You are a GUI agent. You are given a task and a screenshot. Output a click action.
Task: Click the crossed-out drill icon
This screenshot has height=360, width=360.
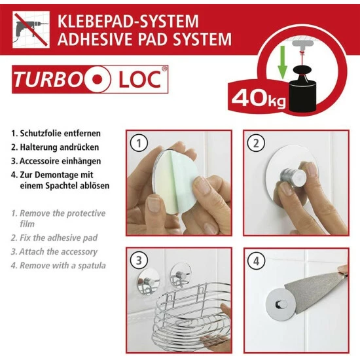(30, 29)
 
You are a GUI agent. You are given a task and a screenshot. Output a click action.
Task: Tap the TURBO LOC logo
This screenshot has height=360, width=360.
(90, 80)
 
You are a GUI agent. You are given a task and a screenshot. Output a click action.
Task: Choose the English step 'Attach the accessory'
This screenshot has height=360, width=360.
(58, 252)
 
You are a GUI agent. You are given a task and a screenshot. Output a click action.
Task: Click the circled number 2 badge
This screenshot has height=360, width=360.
(255, 142)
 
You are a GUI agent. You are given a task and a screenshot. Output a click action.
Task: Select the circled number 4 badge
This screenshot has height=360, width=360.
(255, 260)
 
